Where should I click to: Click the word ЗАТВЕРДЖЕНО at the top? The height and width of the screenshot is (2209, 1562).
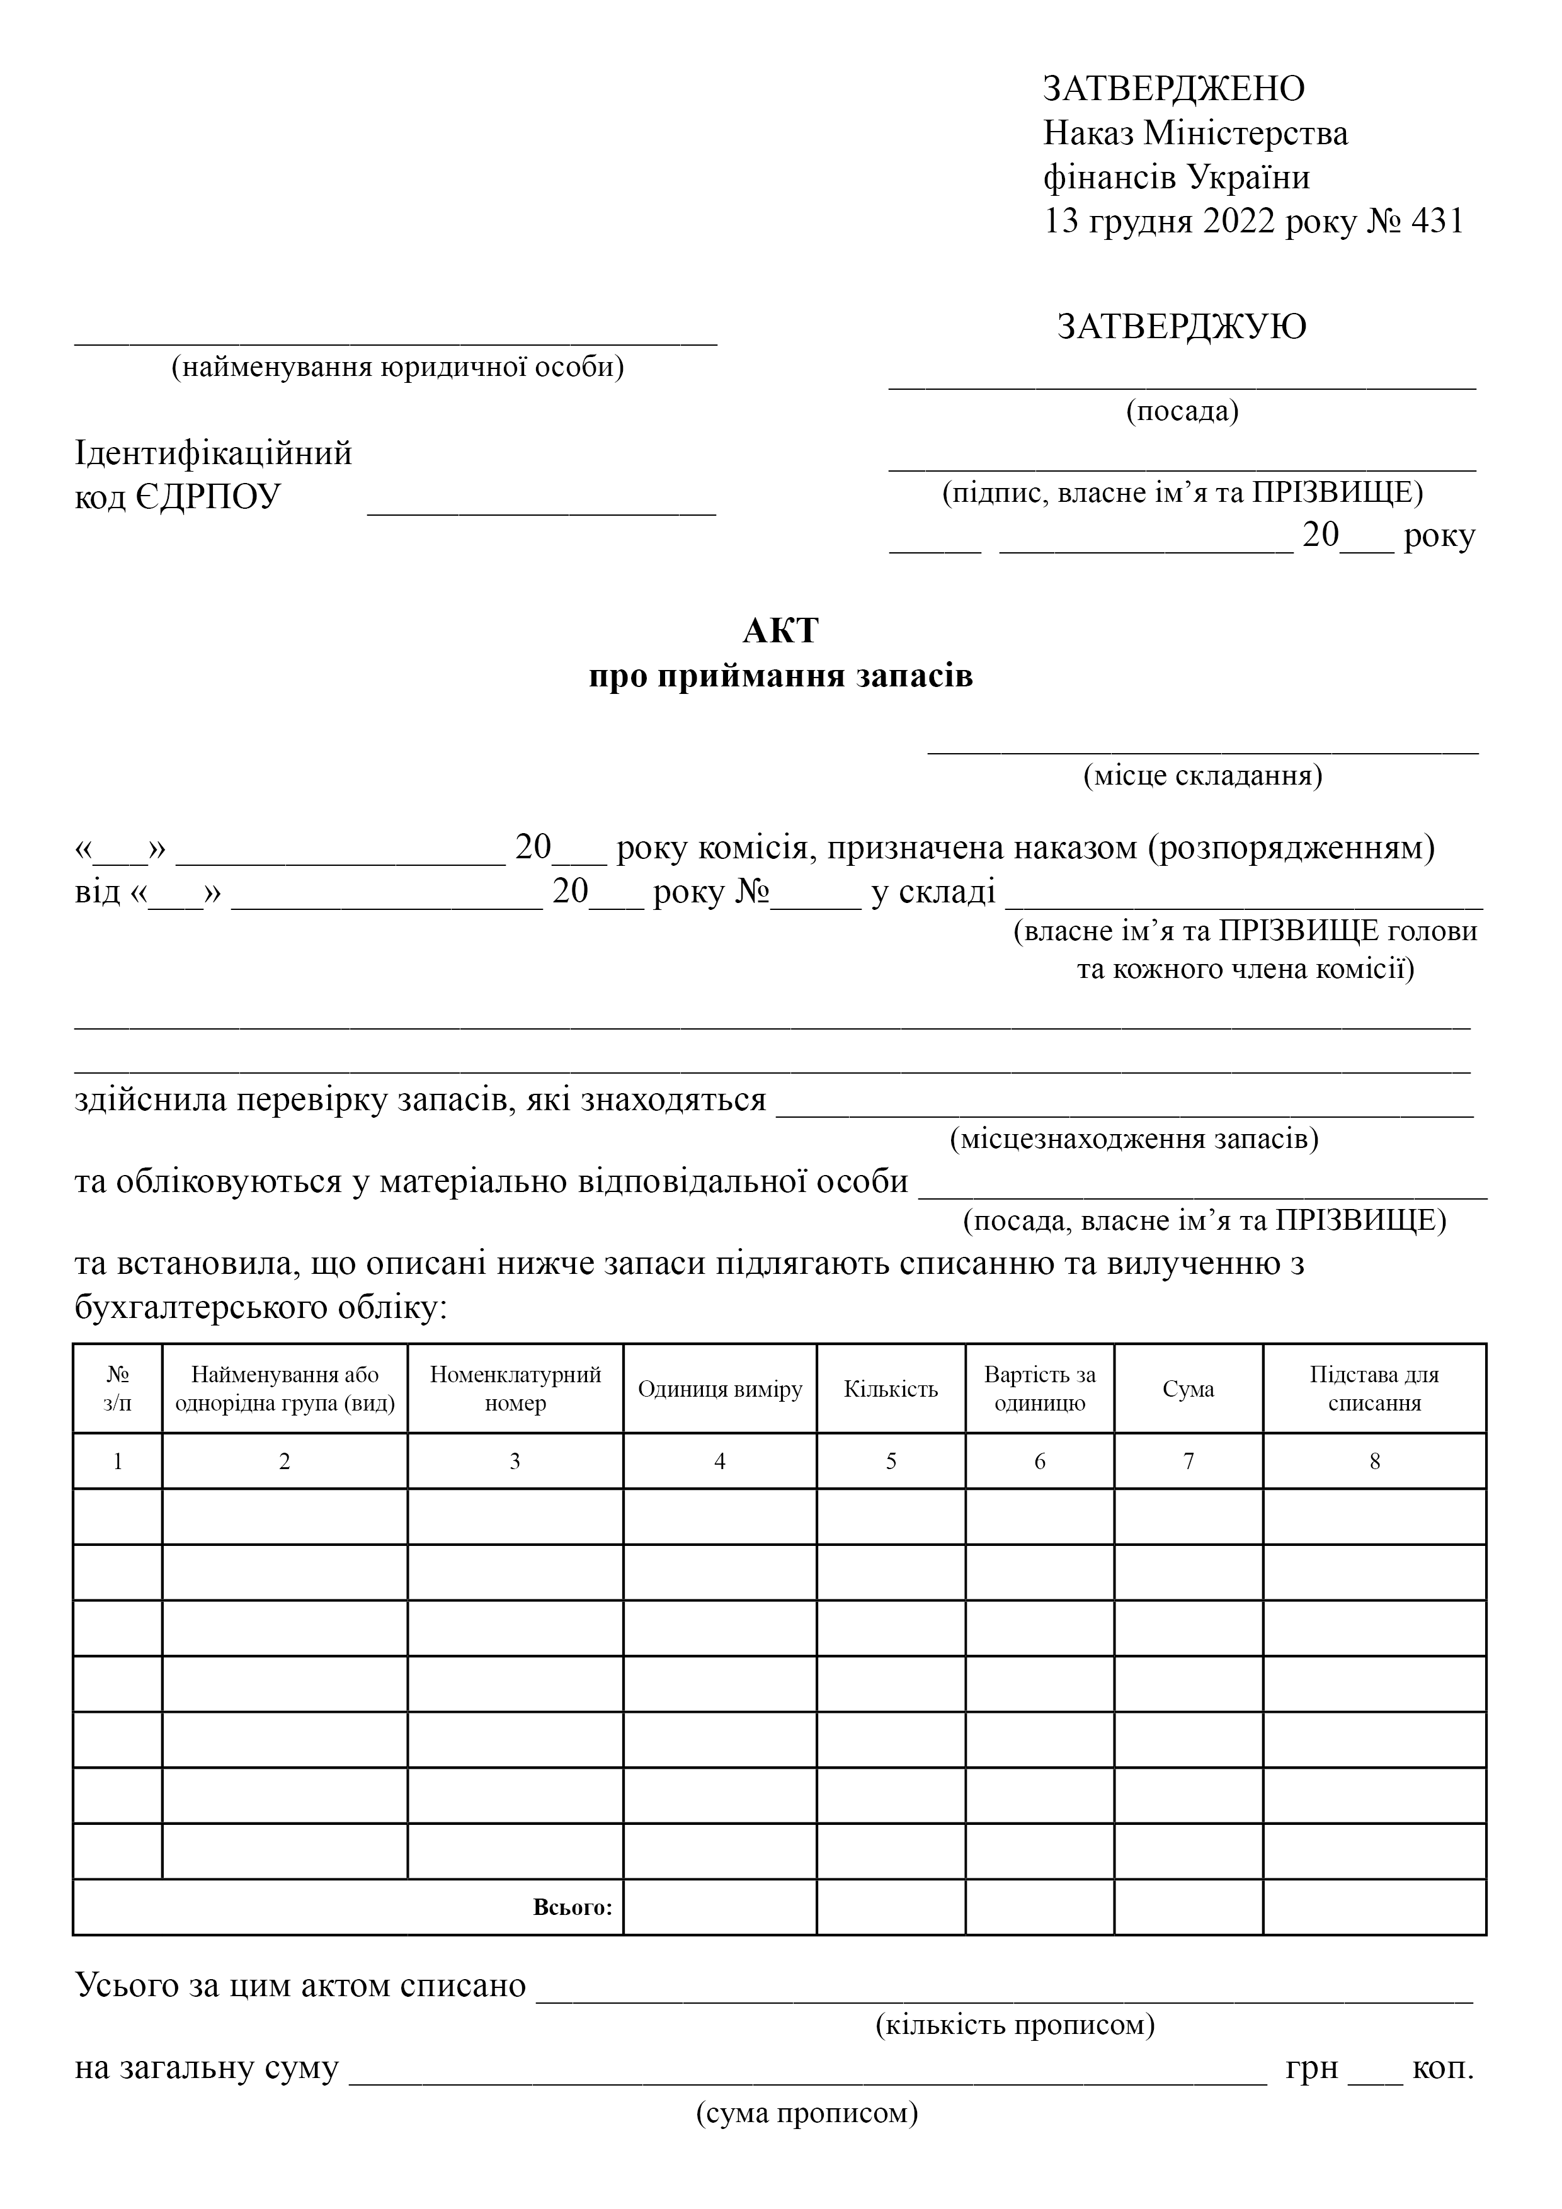1173,89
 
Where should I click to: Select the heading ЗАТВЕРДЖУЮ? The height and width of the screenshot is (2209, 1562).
1181,327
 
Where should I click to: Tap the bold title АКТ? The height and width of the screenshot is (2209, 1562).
780,631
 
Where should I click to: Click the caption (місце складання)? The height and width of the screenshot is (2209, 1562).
1202,775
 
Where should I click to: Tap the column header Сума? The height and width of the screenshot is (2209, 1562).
1188,1388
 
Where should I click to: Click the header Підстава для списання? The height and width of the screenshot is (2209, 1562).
1374,1388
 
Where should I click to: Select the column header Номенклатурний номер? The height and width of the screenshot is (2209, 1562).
515,1388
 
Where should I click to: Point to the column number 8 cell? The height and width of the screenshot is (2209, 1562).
1374,1462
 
